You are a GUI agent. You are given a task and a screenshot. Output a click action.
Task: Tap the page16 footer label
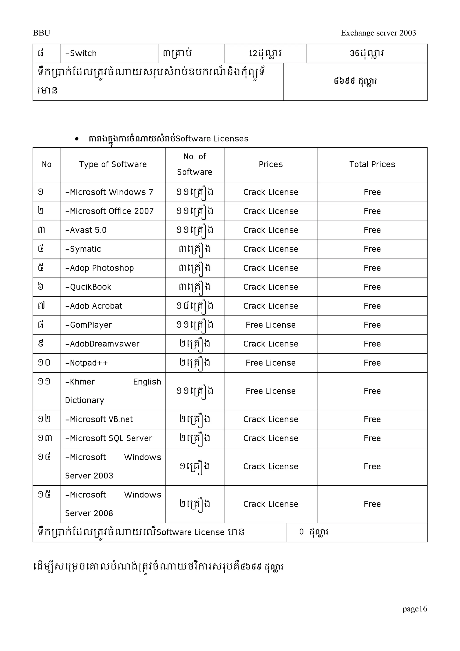pyautogui.click(x=414, y=609)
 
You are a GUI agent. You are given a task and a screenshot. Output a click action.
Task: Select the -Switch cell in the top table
pyautogui.click(x=81, y=53)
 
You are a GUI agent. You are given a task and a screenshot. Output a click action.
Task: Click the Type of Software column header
pyautogui.click(x=113, y=164)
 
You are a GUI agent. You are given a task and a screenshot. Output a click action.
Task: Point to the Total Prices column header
pyautogui.click(x=372, y=164)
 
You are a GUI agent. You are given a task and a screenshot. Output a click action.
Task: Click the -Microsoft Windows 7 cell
pyautogui.click(x=109, y=192)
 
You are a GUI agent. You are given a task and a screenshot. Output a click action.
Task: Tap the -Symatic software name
pyautogui.click(x=83, y=249)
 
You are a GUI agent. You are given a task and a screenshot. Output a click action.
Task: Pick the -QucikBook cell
pyautogui.click(x=88, y=287)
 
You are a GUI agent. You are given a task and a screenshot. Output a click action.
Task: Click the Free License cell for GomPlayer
pyautogui.click(x=270, y=325)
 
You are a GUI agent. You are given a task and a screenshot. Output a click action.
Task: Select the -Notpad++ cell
pyautogui.click(x=86, y=363)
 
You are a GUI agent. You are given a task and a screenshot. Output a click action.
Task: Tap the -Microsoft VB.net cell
pyautogui.click(x=99, y=419)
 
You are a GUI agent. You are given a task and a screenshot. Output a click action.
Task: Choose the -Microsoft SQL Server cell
pyautogui.click(x=108, y=438)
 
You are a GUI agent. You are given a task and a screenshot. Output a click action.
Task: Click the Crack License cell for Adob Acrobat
pyautogui.click(x=270, y=306)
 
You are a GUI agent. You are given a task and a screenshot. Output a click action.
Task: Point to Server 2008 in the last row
pyautogui.click(x=89, y=513)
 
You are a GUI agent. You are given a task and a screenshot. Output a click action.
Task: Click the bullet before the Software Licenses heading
pyautogui.click(x=77, y=139)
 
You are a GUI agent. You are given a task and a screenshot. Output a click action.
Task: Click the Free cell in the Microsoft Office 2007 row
pyautogui.click(x=372, y=211)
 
